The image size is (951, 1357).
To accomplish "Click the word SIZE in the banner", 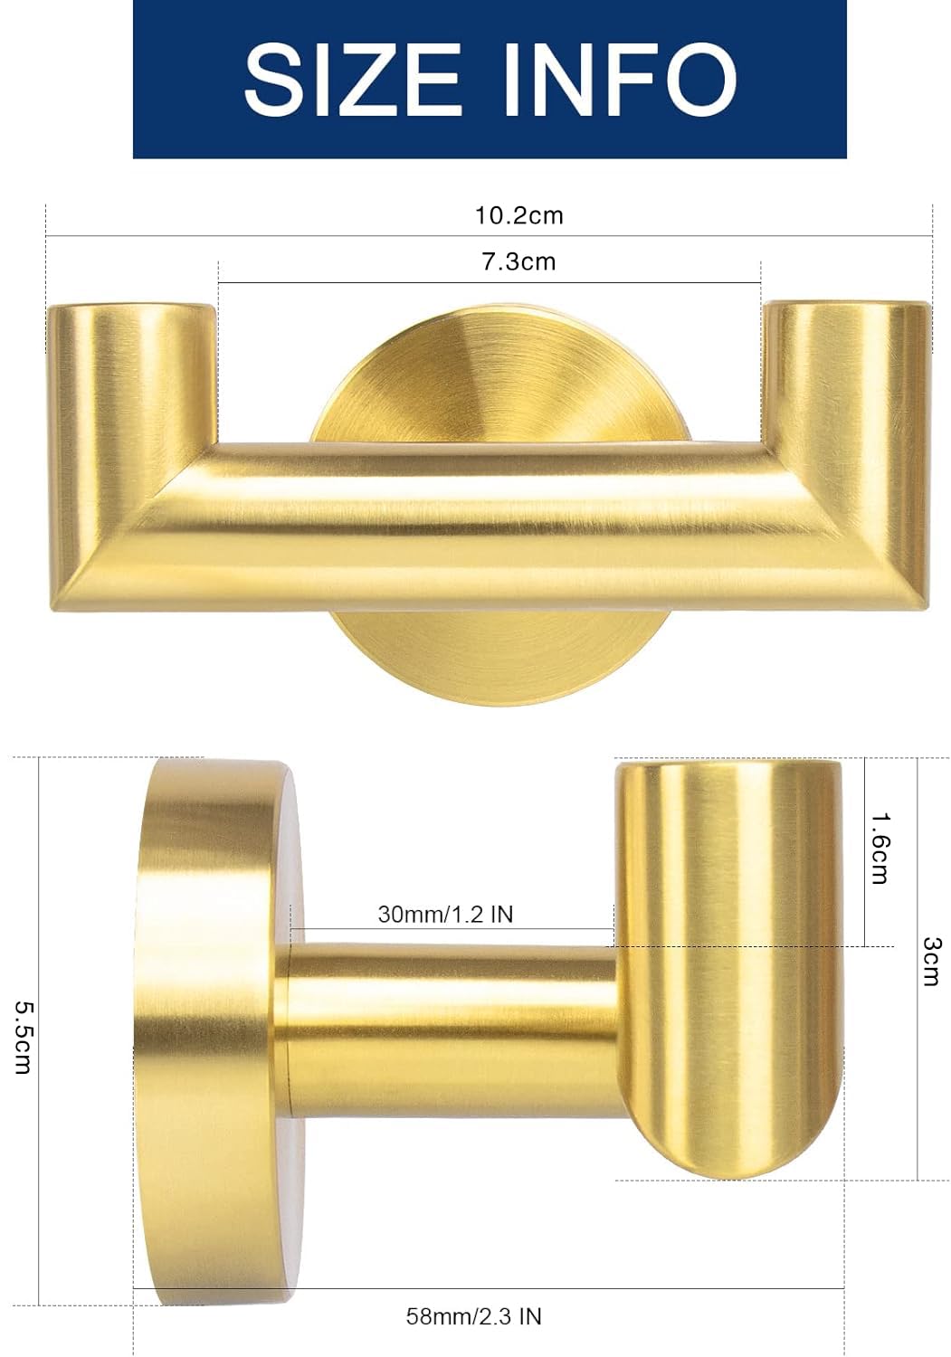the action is (x=352, y=79).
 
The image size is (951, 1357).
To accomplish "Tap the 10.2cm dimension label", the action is (x=518, y=215).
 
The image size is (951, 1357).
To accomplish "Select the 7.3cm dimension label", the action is (x=518, y=261).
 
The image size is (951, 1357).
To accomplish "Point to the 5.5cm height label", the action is (x=24, y=1037).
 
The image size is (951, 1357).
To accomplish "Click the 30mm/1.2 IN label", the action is (x=445, y=914).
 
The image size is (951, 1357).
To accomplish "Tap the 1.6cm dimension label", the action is (x=880, y=849).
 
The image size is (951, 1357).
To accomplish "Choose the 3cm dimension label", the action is (x=932, y=962).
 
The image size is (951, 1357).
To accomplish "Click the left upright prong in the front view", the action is (x=132, y=388).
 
